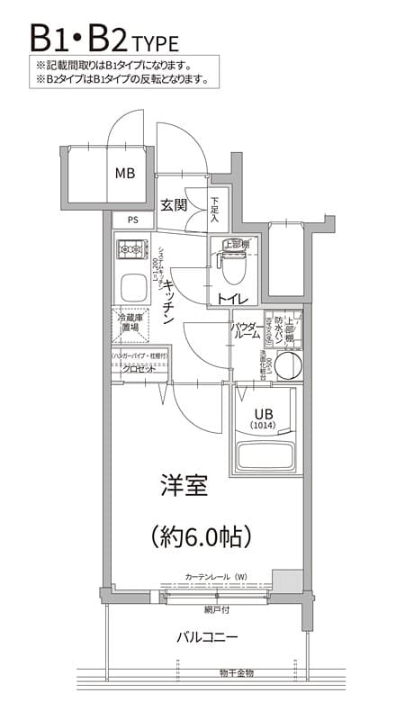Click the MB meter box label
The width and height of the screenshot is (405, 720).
tap(124, 173)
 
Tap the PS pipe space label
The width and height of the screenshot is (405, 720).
tap(132, 219)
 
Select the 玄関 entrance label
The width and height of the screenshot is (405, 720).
tap(174, 204)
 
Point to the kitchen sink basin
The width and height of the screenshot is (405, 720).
tap(134, 288)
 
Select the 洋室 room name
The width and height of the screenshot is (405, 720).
tap(184, 487)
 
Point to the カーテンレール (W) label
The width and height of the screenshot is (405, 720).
tap(216, 576)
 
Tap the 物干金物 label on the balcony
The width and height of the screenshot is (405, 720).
tap(236, 672)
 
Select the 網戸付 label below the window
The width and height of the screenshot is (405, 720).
tap(216, 608)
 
